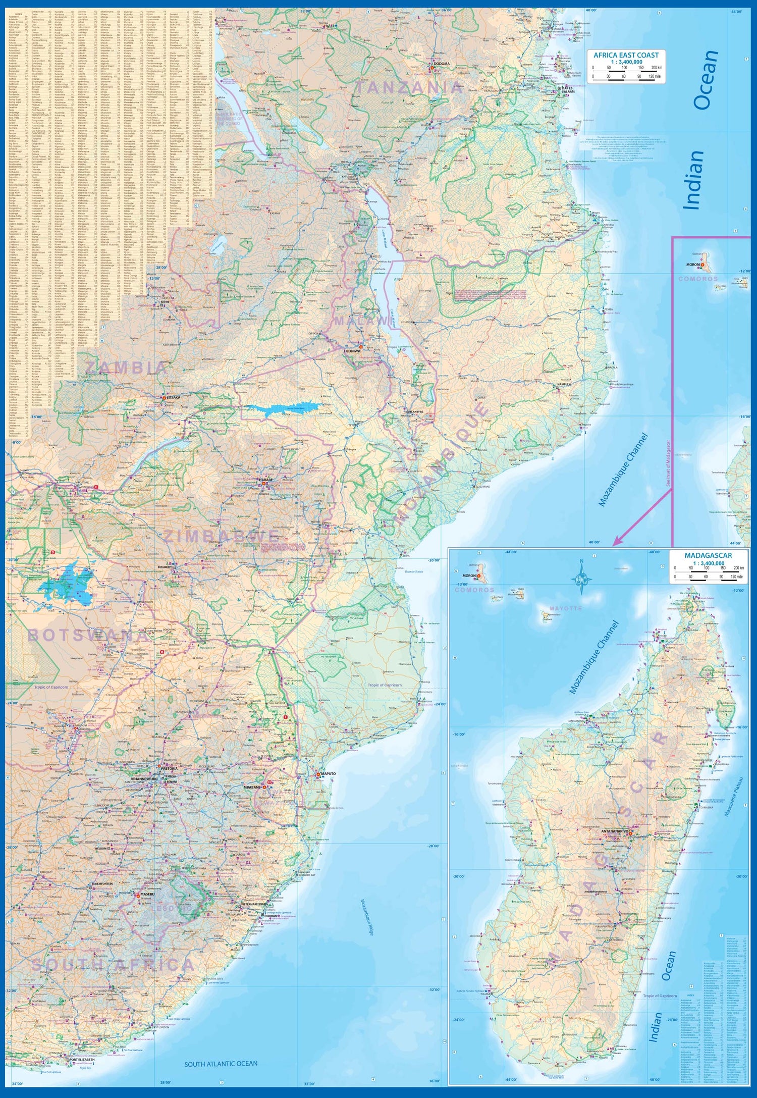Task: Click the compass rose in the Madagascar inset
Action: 581,577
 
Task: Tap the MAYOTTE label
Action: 565,608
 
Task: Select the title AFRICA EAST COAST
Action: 626,55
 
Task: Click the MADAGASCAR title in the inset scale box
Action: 708,555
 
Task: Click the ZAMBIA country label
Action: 125,368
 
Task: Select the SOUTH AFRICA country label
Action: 112,965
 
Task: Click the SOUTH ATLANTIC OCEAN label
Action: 221,1064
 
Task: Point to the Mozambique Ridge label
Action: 367,917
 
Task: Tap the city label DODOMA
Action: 441,64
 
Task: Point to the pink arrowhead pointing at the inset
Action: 616,543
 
